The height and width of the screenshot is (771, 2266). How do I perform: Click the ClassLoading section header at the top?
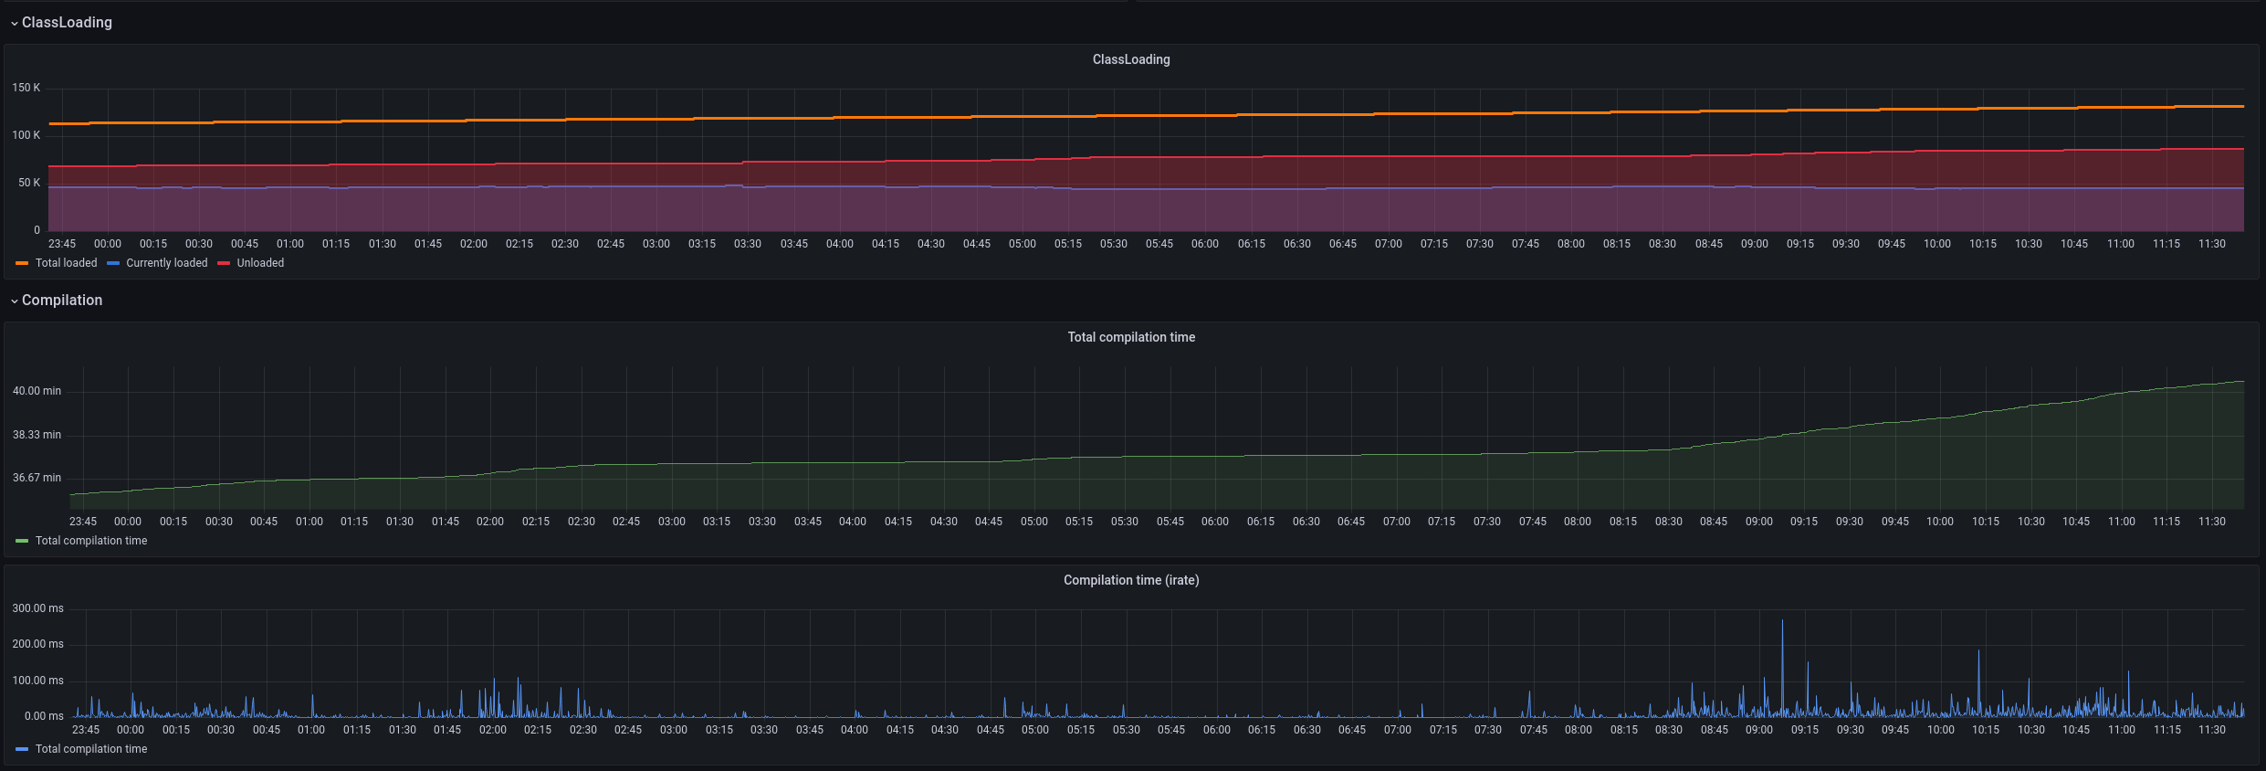(x=67, y=22)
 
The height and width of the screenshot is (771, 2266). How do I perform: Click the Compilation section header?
(x=62, y=300)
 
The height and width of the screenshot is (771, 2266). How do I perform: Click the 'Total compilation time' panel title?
(x=1131, y=337)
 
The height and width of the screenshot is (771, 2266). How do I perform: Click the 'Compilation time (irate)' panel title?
(x=1131, y=580)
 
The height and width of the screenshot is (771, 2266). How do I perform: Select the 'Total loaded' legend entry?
(x=57, y=263)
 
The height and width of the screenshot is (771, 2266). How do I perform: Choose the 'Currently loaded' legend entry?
(x=157, y=263)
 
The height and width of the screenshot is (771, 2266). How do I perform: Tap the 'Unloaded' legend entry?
(x=251, y=263)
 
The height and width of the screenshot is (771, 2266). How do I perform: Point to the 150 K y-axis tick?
(x=26, y=88)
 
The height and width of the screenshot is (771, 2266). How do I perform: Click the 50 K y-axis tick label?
(x=29, y=183)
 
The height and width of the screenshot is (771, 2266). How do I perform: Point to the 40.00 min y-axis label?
(x=37, y=391)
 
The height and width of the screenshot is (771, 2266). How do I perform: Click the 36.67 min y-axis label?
(x=37, y=478)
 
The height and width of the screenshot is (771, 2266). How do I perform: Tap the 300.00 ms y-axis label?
(x=37, y=608)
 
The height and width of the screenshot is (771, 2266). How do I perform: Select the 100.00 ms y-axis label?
(x=37, y=681)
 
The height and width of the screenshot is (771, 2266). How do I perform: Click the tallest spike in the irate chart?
(x=1782, y=621)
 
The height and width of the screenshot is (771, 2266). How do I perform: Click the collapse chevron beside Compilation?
(x=14, y=301)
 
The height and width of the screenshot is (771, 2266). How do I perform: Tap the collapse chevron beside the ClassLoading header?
(x=14, y=23)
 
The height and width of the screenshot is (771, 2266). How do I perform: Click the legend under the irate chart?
(x=81, y=749)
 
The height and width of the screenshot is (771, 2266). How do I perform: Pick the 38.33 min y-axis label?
(x=37, y=435)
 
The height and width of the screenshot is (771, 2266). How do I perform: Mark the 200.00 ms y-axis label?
(x=37, y=644)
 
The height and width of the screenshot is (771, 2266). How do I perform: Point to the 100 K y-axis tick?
(x=26, y=135)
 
